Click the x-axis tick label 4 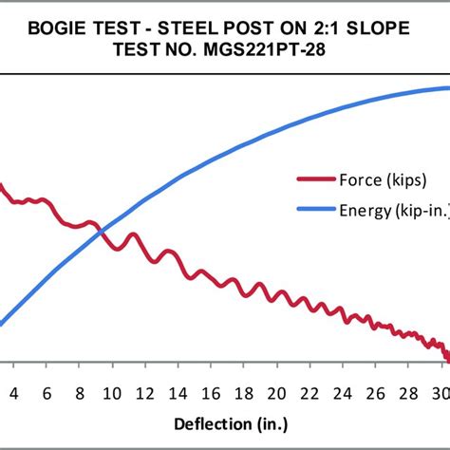tap(13, 393)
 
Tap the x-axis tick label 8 tap(79, 393)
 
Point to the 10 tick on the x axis tap(112, 393)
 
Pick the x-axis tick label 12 tap(144, 393)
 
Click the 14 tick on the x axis tap(178, 393)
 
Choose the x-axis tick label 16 tap(211, 393)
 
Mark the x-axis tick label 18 tap(244, 393)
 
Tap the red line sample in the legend tap(316, 178)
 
